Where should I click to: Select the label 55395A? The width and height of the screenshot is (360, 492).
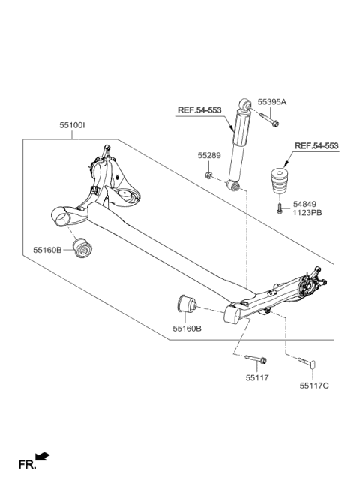(272, 101)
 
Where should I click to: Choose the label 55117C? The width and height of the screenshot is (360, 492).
(313, 386)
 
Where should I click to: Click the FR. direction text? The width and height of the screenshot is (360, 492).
(27, 466)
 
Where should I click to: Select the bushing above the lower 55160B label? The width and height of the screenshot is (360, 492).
(184, 305)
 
